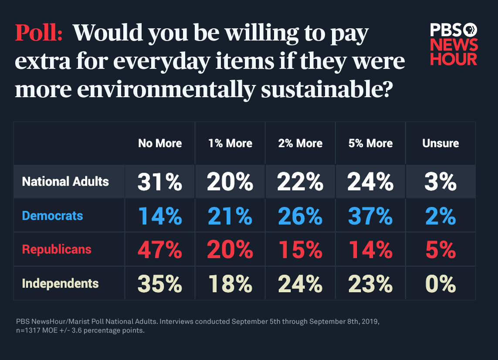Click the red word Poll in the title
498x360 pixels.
point(39,33)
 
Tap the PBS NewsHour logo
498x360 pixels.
point(454,44)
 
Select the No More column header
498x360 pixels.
point(160,143)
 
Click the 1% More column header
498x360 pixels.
point(230,143)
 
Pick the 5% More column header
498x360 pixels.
point(370,143)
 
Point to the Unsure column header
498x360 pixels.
point(440,143)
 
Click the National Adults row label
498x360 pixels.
point(65,181)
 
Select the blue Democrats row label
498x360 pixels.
point(52,215)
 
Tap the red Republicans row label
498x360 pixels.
point(57,249)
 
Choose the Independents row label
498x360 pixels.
point(60,283)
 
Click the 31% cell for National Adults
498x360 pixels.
point(160,182)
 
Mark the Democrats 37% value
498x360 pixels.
point(370,216)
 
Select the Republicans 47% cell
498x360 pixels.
point(160,250)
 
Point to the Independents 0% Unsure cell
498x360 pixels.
point(440,284)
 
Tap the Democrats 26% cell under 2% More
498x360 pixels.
point(300,216)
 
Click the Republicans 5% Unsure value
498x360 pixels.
point(440,250)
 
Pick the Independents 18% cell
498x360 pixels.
point(230,284)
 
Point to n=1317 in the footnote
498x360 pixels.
point(31,330)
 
